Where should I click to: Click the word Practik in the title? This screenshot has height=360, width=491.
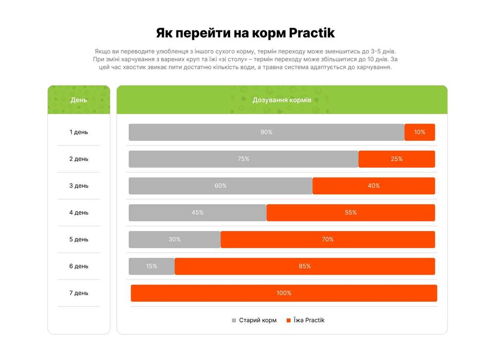tap(312, 33)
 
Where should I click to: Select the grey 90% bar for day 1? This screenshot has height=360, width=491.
tap(266, 132)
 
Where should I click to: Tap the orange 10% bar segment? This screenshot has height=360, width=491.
tap(419, 132)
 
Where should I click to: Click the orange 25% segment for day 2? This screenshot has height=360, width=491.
tap(396, 159)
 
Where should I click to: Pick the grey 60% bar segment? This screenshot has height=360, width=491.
tap(220, 186)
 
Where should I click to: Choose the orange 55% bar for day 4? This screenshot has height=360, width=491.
tap(350, 212)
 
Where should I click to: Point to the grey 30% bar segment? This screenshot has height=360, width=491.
tap(174, 239)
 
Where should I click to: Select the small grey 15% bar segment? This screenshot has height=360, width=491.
tap(151, 266)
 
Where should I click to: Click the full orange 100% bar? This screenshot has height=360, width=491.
tap(284, 293)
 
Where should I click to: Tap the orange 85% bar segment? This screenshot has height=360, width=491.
tap(305, 266)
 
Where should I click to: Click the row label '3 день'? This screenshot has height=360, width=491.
tap(79, 186)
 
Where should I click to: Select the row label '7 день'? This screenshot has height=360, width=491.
tap(79, 293)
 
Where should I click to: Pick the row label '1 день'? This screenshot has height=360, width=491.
tap(79, 132)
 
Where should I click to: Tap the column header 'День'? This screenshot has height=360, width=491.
tap(79, 100)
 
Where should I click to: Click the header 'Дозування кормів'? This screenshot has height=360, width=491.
tap(282, 100)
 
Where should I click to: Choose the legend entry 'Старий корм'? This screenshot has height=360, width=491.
tap(257, 320)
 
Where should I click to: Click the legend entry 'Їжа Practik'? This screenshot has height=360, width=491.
tap(309, 320)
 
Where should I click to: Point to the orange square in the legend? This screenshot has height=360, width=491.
tap(288, 320)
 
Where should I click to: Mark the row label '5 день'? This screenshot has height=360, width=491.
tap(79, 239)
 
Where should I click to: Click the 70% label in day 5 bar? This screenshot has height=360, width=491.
tap(328, 239)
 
